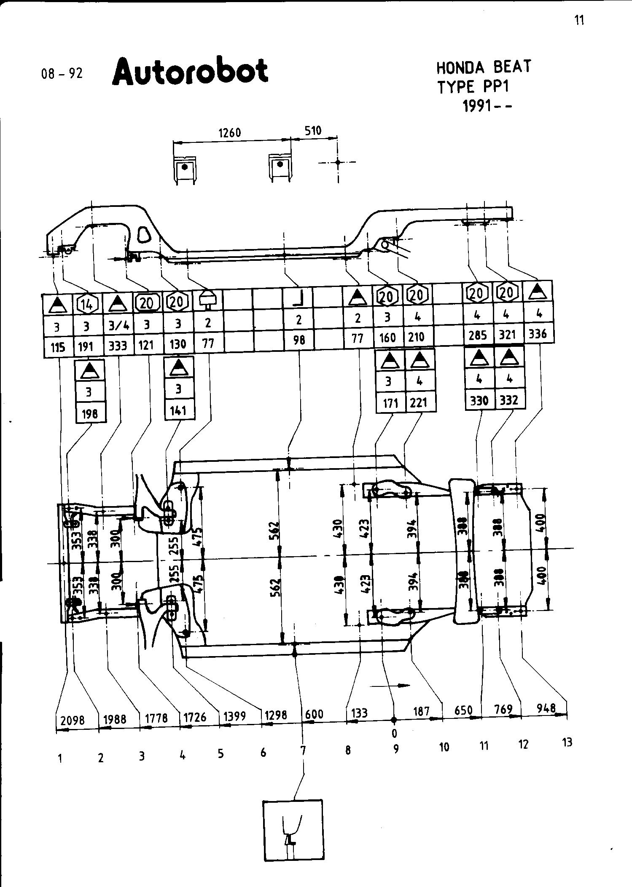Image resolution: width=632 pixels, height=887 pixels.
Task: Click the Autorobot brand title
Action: [x=190, y=71]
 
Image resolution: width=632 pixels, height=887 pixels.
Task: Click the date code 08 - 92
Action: [x=62, y=74]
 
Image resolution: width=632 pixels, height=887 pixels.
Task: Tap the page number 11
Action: [x=580, y=20]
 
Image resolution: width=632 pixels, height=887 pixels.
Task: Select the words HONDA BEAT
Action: [x=484, y=67]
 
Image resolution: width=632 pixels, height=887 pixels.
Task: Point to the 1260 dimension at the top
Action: [x=230, y=133]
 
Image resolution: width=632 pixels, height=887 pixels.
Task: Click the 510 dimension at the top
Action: [x=313, y=131]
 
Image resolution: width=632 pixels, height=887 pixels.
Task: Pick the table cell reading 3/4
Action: [x=118, y=325]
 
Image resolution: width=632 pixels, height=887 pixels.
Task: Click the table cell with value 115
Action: [x=58, y=347]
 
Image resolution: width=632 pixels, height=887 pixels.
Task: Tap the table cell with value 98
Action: [x=299, y=339]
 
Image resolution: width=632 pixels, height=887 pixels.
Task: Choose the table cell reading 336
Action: [x=538, y=334]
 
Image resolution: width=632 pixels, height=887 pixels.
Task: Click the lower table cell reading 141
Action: [x=178, y=410]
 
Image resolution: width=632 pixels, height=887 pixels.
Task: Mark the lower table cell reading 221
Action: [x=419, y=403]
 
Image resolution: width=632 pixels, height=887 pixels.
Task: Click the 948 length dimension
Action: [x=546, y=708]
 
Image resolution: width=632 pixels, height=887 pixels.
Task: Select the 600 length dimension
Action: [x=315, y=714]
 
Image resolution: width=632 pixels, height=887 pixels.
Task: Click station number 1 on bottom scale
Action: [x=60, y=758]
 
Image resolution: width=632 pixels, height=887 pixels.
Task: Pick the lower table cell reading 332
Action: [x=509, y=400]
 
